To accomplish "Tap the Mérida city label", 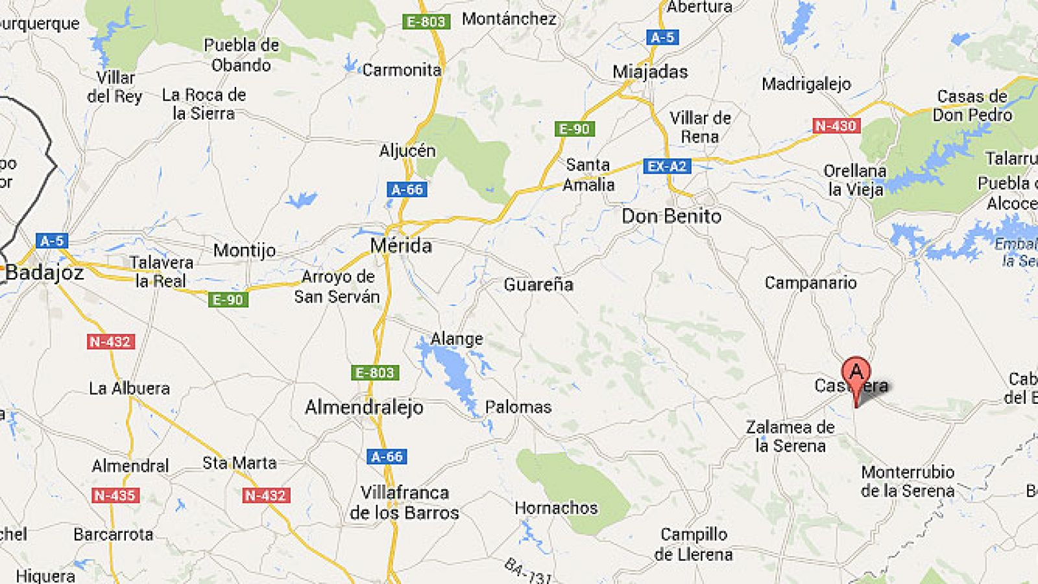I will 401,246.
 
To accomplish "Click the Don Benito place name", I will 671,216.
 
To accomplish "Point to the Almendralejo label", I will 364,407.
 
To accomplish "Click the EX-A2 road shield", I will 667,167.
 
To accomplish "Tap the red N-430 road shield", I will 836,126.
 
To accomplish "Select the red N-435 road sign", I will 114,496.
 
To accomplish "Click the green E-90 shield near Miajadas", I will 574,129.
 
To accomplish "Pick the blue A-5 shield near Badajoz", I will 52,241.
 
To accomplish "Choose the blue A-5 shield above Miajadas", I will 662,38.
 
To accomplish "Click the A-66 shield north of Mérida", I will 407,190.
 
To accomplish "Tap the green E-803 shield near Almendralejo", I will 375,373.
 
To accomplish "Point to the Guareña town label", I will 538,285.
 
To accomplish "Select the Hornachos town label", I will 556,508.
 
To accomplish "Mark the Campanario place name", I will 810,283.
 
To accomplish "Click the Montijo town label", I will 245,250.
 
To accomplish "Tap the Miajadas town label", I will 650,71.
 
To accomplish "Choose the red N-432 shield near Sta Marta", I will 265,496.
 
